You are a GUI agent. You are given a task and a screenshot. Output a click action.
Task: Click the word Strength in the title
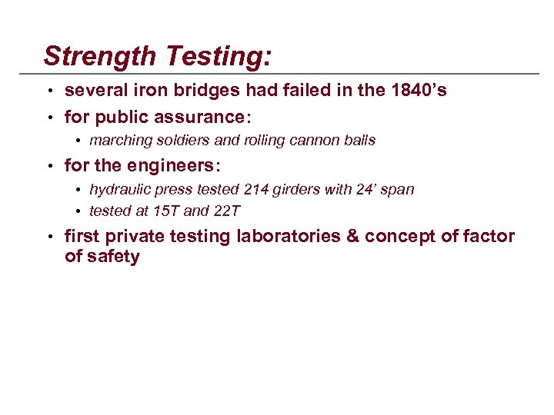point(91,56)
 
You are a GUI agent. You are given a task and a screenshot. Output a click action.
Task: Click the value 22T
point(225,210)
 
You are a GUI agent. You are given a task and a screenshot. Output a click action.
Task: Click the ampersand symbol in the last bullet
point(353,236)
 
